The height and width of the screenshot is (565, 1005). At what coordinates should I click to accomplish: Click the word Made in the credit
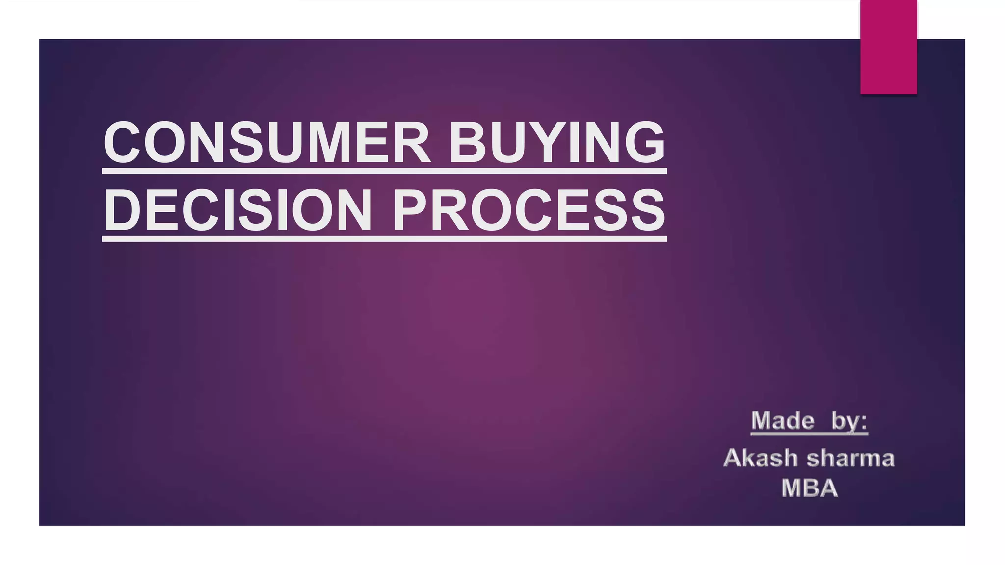click(x=782, y=421)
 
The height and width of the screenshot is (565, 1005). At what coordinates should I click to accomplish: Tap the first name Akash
click(x=761, y=458)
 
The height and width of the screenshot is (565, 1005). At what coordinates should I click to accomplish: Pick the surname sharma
click(x=850, y=458)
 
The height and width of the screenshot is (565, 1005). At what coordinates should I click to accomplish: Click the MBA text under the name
click(x=809, y=488)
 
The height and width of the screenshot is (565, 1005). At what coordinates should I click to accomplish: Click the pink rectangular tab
click(x=888, y=47)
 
